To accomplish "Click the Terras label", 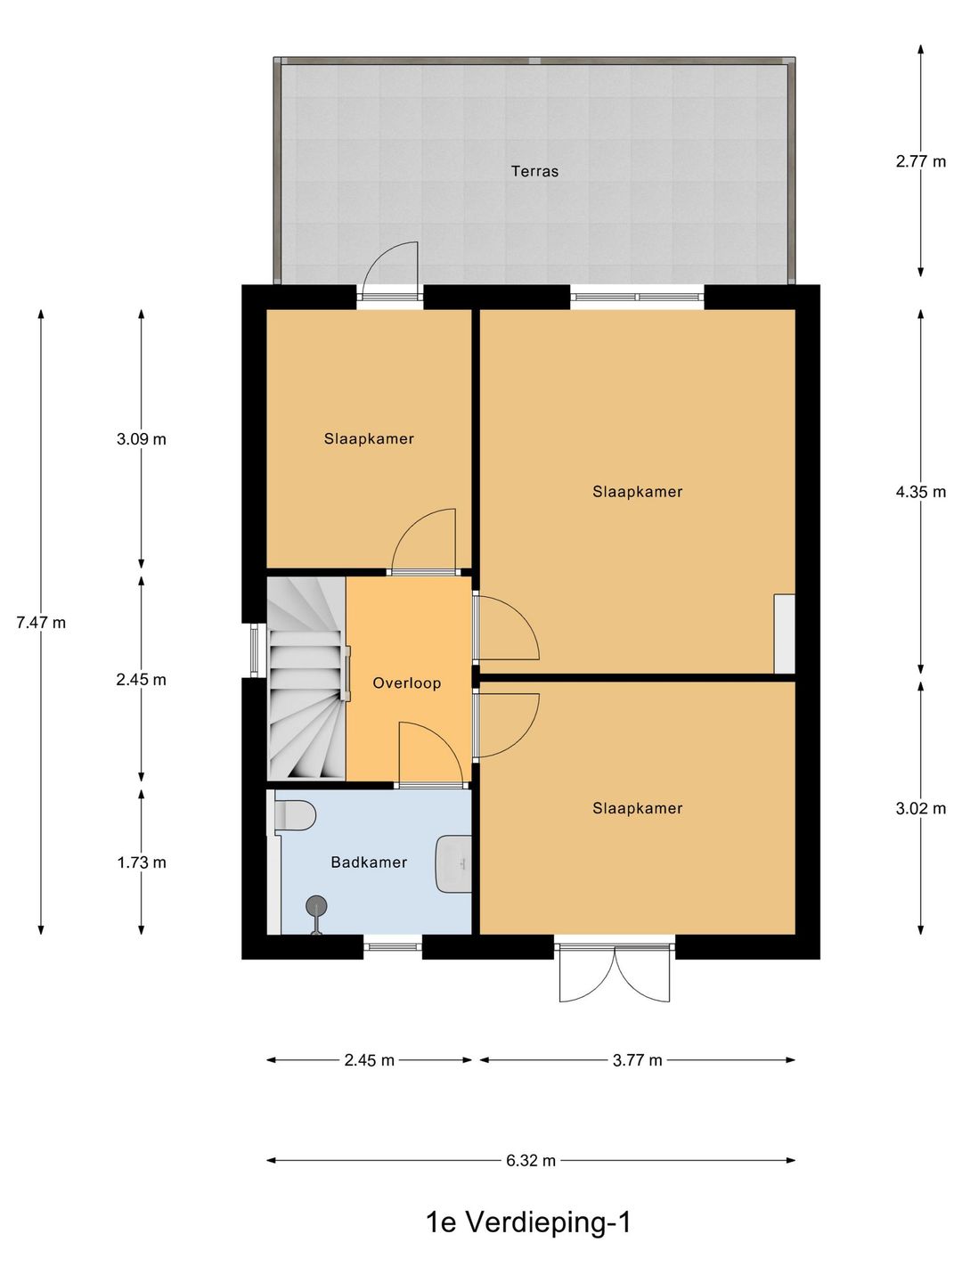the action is coord(534,171).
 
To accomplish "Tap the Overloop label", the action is coord(406,682).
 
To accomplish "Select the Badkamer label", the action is coord(369,862).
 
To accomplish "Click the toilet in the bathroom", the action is coord(294,815).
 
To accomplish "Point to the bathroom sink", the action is coord(454,864).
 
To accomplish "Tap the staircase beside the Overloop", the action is coord(306,679).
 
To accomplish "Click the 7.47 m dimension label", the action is coord(41,623).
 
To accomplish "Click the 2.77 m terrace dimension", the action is coord(920,160).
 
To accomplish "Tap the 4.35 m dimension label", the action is coord(920,492).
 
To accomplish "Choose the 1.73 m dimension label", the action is coord(142,862).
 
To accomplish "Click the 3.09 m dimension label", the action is coord(142,438).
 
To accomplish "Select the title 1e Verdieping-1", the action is coord(529,1222).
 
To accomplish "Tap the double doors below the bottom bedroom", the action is coord(615,970).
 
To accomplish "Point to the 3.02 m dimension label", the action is coord(920,808).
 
